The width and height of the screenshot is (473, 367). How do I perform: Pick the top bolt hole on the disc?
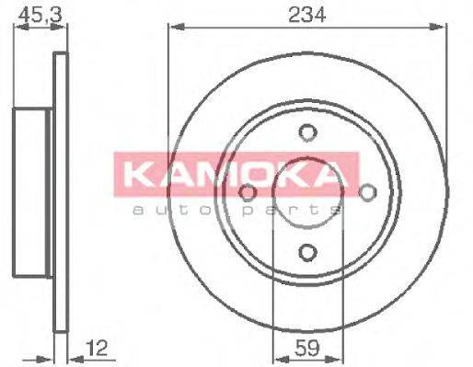click(307, 132)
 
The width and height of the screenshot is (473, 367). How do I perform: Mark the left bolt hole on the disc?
click(248, 192)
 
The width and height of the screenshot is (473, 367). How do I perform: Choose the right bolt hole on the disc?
click(367, 192)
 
